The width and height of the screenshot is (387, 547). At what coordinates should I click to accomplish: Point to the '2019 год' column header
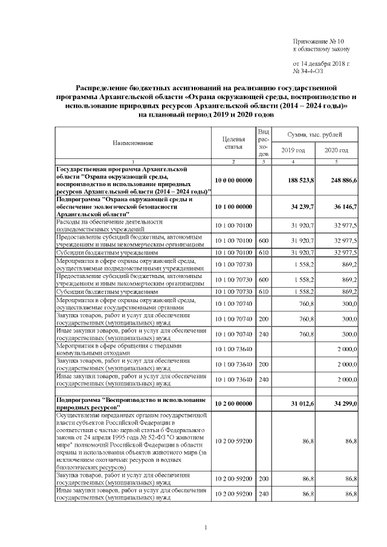[x=293, y=150]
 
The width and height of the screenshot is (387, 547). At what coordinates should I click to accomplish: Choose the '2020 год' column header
[x=336, y=150]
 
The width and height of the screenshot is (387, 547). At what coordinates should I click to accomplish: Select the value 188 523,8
[x=301, y=180]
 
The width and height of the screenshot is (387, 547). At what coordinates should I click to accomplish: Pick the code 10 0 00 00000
[x=233, y=180]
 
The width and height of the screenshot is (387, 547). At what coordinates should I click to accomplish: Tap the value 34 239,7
[x=303, y=207]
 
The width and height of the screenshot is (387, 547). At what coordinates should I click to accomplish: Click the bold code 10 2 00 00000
[x=233, y=403]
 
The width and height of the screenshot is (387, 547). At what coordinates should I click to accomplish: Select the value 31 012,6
[x=303, y=403]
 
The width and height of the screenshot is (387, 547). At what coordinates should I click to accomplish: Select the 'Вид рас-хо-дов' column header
[x=263, y=143]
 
